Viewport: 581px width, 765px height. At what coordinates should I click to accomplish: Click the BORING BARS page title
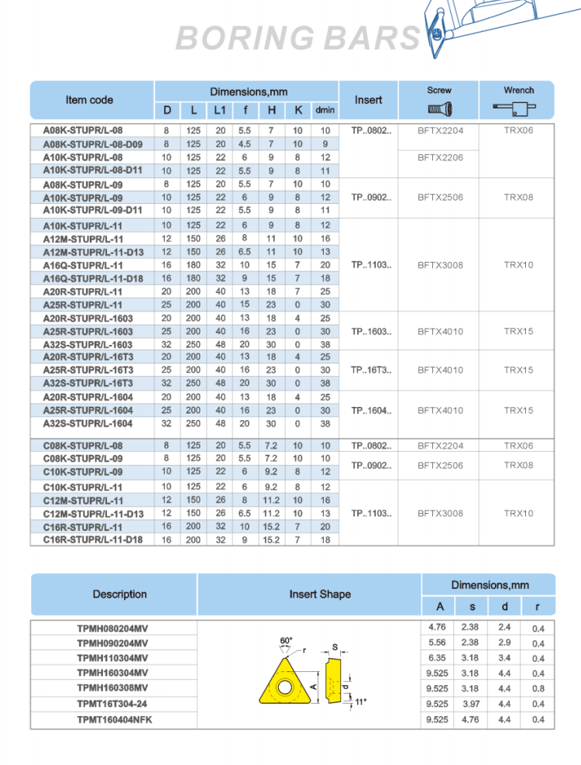coord(298,37)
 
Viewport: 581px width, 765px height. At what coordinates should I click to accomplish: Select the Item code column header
coord(89,100)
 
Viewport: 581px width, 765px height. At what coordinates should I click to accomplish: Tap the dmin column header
coord(325,110)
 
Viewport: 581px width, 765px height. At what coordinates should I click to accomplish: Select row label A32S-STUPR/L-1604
coord(88,423)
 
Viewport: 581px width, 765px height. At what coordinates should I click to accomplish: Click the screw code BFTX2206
coord(440,157)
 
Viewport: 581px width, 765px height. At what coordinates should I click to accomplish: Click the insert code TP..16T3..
coord(371,370)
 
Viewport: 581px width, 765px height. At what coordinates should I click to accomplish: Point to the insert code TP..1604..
coord(371,410)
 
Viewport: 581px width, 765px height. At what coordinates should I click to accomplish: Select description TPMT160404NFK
coord(115,720)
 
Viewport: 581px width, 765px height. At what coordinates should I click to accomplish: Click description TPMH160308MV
coord(112,688)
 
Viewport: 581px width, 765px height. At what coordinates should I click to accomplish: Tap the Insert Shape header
coord(320,594)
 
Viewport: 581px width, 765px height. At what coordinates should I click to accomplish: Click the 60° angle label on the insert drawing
coord(286,640)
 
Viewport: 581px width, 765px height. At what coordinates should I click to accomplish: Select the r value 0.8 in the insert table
coord(538,688)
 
